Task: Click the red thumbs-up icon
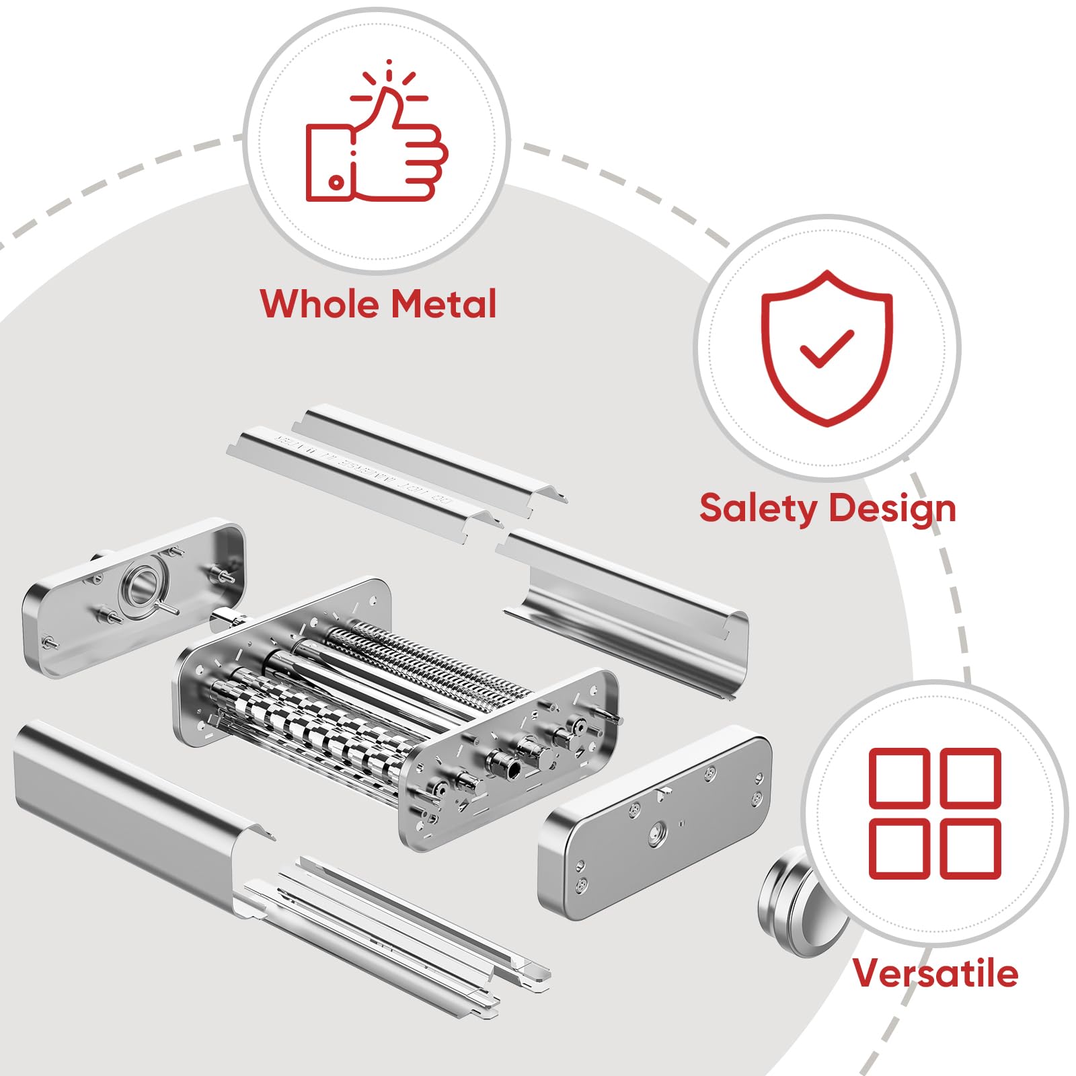pos(377,145)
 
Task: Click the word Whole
pos(319,304)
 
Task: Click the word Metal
pos(443,304)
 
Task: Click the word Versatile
pos(935,973)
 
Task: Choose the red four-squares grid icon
pos(935,813)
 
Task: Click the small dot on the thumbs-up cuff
pos(336,182)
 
